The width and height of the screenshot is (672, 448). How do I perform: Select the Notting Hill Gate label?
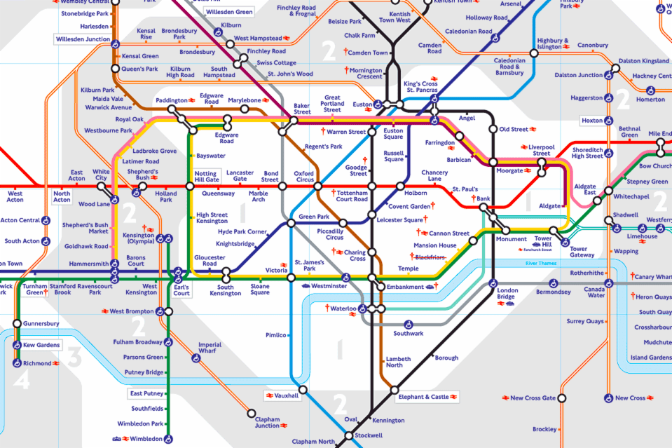[207, 176]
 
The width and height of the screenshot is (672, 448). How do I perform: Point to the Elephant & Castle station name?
[424, 398]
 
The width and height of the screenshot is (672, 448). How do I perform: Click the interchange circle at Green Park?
[290, 224]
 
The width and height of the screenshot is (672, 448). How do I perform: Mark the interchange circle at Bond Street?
[282, 186]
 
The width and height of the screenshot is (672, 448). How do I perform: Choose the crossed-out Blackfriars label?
[430, 257]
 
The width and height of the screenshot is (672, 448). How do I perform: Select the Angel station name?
[466, 118]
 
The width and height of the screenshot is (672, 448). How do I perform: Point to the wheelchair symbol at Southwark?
[408, 324]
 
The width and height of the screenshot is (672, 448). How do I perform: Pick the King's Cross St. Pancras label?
[420, 88]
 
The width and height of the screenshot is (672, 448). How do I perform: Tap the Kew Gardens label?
[41, 346]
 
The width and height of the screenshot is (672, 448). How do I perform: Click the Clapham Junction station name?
[267, 422]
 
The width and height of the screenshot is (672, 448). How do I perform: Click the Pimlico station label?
[275, 335]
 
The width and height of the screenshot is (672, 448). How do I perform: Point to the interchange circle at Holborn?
[399, 186]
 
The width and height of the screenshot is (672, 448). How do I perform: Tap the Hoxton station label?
[591, 121]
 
